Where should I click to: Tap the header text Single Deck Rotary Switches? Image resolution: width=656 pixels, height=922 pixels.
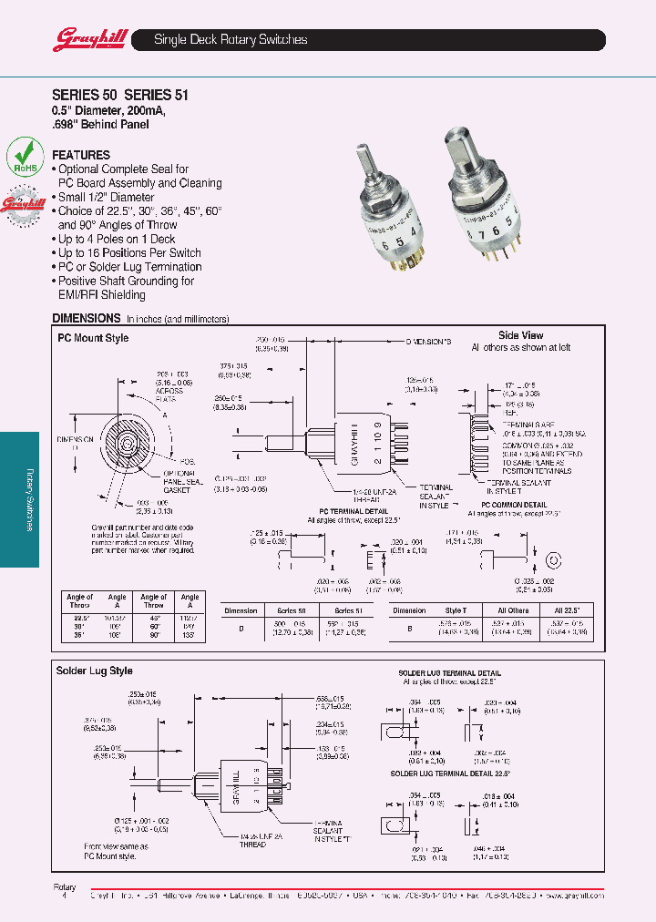(x=231, y=40)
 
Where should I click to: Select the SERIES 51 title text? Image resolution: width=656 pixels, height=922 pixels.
(x=156, y=93)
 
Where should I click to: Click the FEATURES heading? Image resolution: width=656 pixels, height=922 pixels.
(x=81, y=155)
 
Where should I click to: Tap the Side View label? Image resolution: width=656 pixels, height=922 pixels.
(x=520, y=335)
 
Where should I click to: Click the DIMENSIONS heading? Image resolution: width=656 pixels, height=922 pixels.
(x=87, y=318)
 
